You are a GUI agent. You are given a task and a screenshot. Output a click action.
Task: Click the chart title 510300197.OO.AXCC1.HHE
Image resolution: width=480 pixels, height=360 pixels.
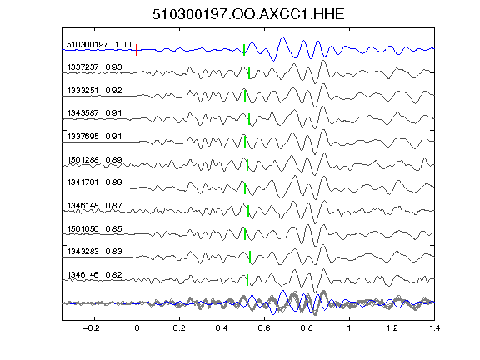[x=248, y=14]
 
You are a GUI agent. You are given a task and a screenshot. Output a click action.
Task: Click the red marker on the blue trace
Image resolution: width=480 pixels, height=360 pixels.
[x=137, y=50]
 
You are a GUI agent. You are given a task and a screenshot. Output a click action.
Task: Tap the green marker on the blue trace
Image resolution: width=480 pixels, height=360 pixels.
[x=244, y=50]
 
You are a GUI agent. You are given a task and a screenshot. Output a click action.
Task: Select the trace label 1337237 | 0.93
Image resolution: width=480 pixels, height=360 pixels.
[x=94, y=67]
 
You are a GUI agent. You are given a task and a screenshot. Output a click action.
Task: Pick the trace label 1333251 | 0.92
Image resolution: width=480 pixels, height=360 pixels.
[x=94, y=91]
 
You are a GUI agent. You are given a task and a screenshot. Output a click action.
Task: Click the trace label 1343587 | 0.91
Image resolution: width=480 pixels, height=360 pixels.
[x=94, y=113]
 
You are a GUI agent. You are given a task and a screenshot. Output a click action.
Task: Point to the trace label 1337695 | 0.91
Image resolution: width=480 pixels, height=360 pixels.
[x=94, y=137]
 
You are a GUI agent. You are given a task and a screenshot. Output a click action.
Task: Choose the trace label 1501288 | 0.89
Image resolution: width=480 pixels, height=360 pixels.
[x=94, y=160]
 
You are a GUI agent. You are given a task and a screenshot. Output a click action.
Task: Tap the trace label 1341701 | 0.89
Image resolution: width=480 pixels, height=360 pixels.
[x=94, y=182]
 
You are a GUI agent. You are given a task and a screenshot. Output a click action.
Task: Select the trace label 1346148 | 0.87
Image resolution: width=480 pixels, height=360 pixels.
[x=94, y=206]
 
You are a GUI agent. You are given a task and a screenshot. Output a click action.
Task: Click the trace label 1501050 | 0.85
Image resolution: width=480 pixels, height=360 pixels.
[x=94, y=229]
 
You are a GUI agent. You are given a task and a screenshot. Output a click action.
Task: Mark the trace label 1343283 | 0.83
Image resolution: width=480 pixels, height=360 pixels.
[x=94, y=252]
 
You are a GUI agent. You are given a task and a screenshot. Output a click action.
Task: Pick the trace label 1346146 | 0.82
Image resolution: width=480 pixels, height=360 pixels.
[x=94, y=275]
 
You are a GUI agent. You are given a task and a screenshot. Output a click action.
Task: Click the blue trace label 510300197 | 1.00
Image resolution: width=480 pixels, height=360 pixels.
[x=99, y=45]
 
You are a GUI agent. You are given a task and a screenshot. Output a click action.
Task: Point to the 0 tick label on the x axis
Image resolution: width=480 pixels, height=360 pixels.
[x=137, y=328]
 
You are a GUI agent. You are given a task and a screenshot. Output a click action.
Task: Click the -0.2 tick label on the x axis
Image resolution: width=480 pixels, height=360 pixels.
[x=92, y=328]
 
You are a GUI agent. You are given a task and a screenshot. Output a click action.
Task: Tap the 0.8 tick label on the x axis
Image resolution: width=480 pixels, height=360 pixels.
[x=307, y=328]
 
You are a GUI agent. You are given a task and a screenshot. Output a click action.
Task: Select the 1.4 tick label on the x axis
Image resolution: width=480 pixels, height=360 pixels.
[x=434, y=328]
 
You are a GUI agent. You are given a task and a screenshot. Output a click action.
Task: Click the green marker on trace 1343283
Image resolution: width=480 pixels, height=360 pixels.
[x=250, y=257]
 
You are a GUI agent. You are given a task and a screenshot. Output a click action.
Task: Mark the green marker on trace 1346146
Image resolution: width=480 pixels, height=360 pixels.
[x=247, y=280]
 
